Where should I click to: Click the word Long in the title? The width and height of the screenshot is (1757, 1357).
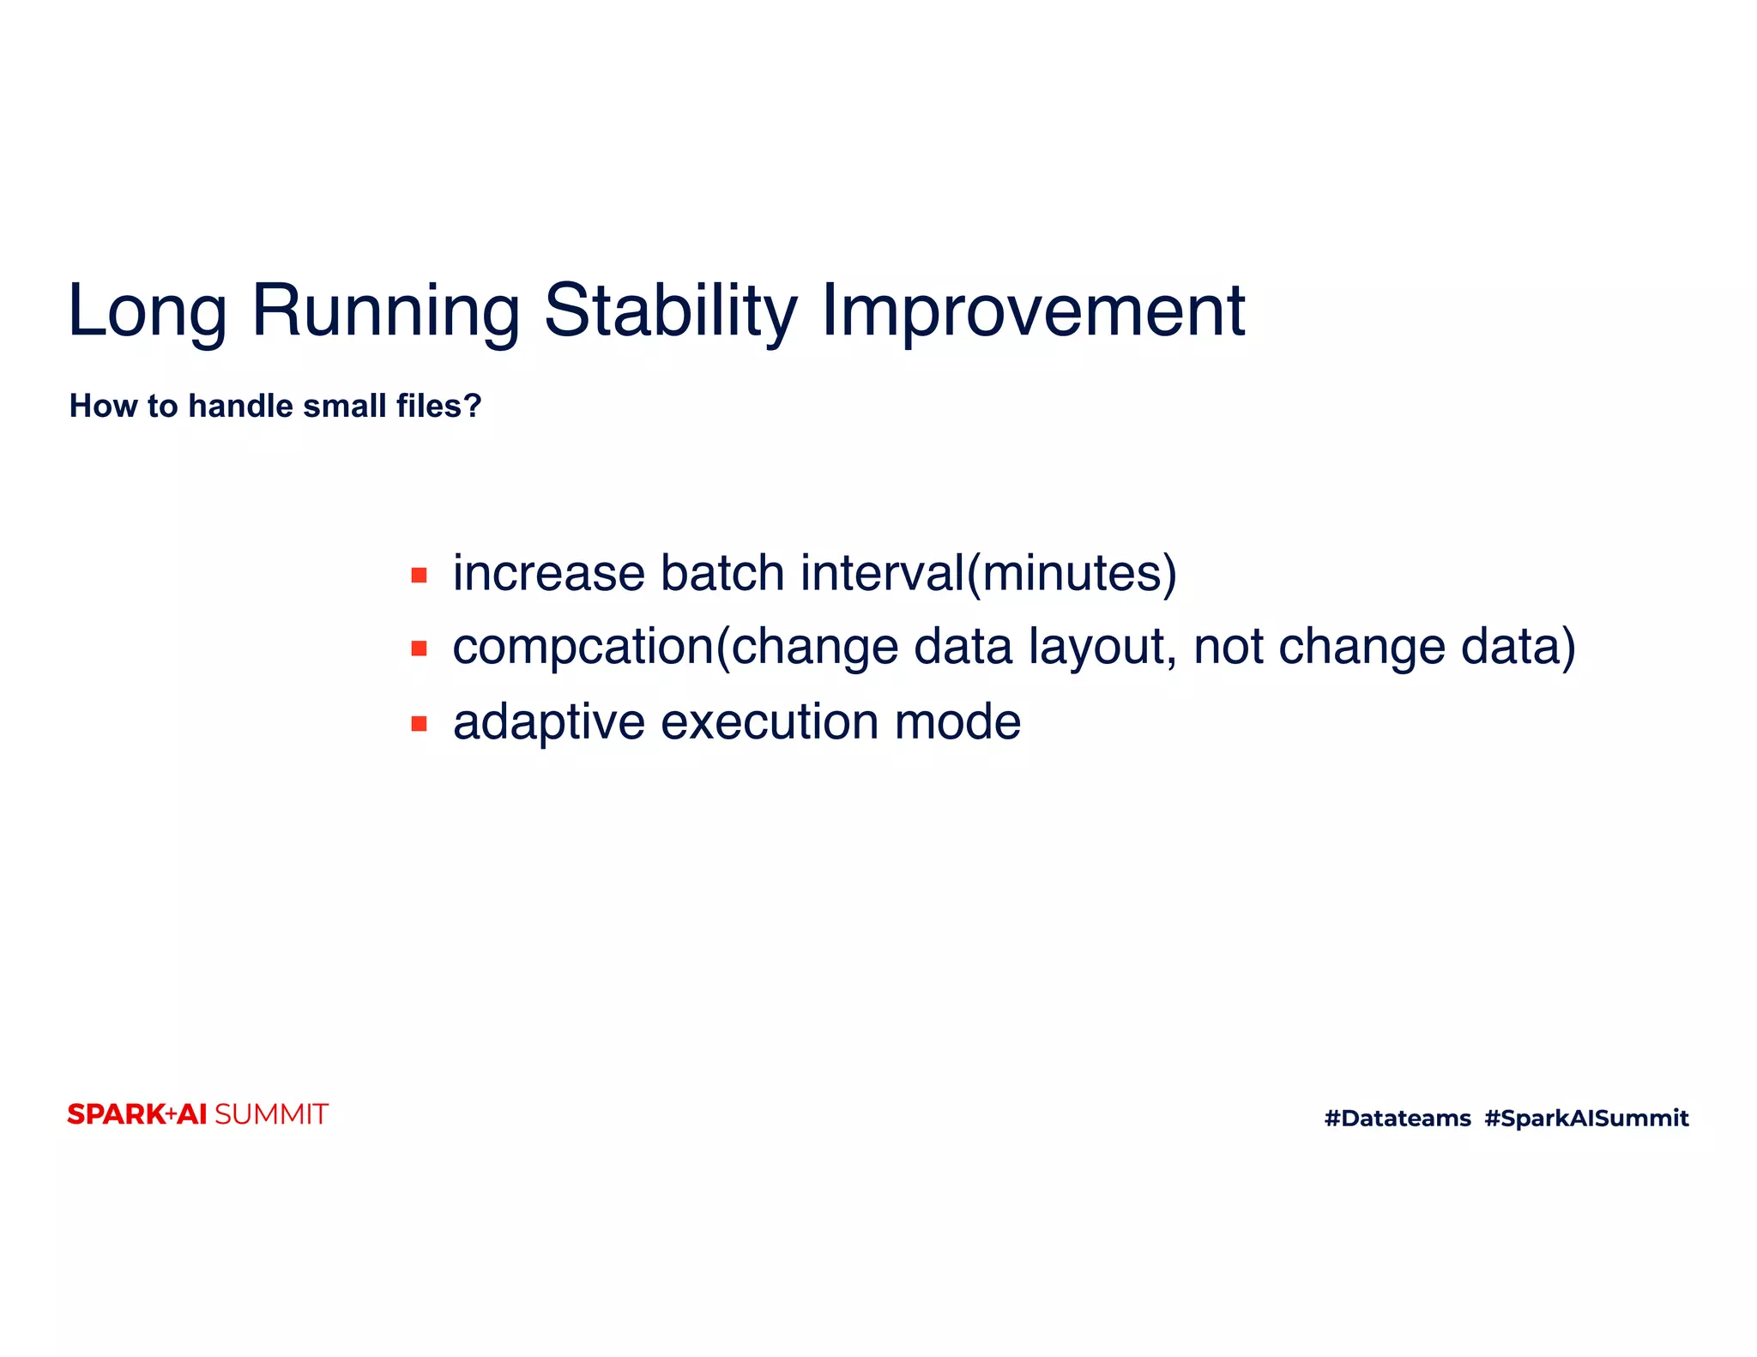148,311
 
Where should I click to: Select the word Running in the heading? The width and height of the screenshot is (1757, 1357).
386,311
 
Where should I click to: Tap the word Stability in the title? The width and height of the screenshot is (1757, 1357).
671,311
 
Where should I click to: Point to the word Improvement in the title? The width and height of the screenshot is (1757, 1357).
1033,311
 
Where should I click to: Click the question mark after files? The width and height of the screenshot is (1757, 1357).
473,406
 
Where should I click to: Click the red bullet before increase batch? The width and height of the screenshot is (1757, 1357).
419,575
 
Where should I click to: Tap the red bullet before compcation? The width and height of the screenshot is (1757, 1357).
419,648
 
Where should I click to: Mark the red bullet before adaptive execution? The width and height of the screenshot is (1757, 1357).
419,724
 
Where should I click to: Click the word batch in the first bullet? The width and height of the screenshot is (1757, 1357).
722,573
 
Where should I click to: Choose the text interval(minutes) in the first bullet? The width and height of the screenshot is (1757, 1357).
988,573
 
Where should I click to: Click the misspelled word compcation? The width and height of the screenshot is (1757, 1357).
583,647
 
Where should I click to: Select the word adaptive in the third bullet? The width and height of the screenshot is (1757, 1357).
549,722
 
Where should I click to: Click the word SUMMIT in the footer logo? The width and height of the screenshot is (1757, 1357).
271,1114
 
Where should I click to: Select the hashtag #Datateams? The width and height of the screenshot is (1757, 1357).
1398,1118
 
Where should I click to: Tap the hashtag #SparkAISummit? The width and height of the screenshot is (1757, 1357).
1586,1118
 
